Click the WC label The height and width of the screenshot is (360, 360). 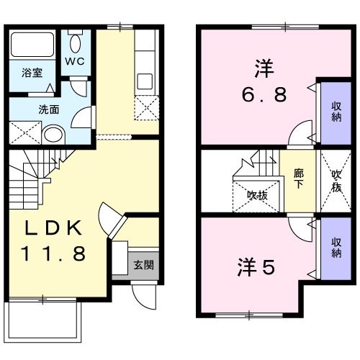point(76,61)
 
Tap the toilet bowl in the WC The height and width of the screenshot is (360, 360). point(76,40)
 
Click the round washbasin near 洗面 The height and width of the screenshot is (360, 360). point(53,135)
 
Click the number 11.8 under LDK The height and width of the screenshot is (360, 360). point(53,253)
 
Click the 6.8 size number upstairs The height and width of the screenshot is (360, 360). point(264,94)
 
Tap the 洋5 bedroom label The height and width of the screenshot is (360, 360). point(256,268)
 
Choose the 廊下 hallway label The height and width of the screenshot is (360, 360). point(298,178)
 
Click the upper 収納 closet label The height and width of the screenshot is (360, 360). point(336,112)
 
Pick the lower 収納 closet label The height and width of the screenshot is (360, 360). point(336,248)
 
